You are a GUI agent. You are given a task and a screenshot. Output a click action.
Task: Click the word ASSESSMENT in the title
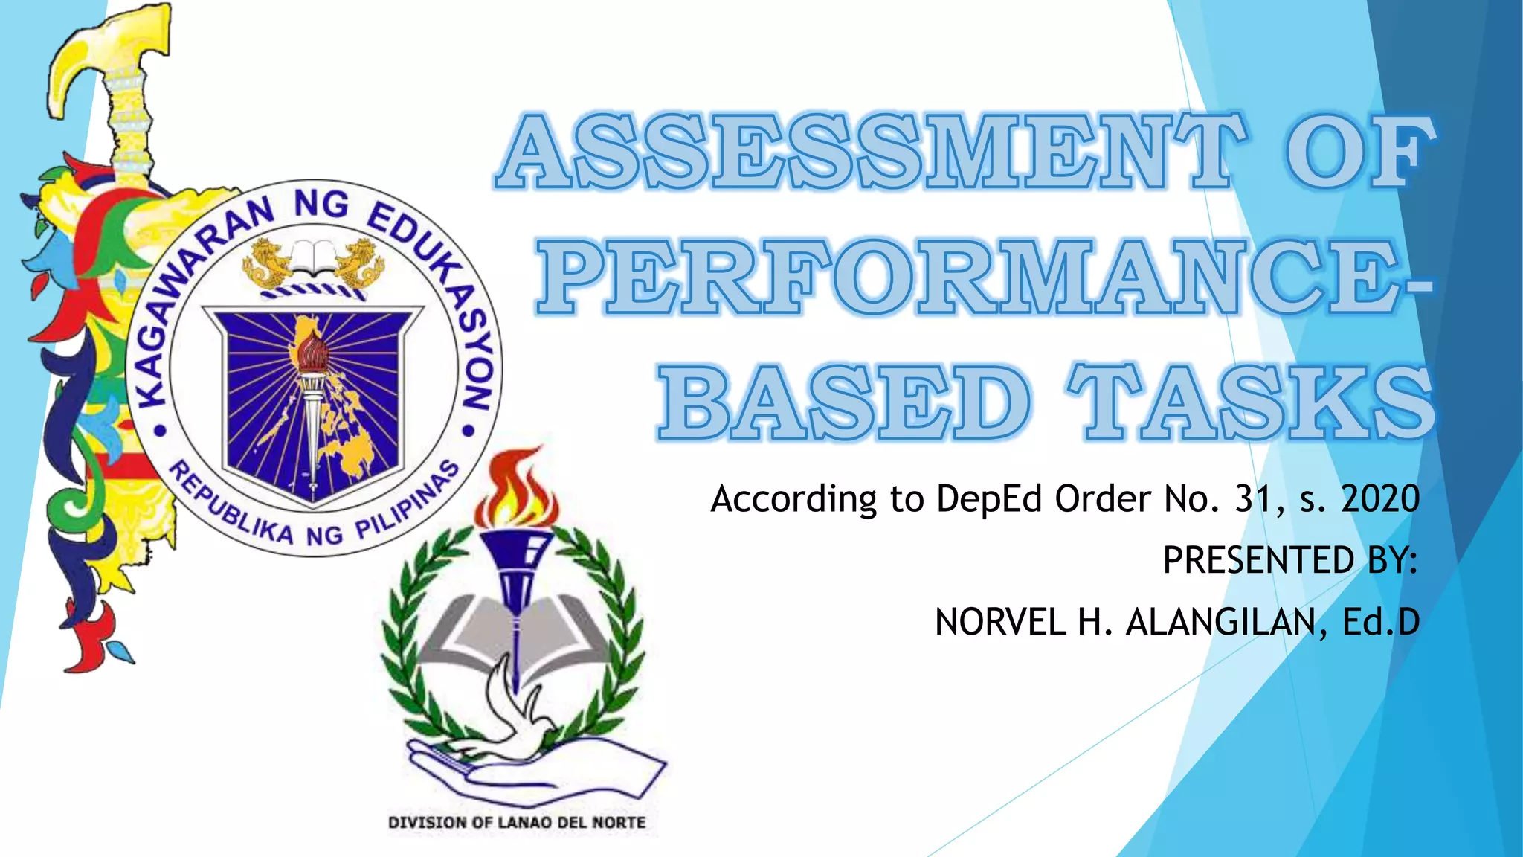(870, 153)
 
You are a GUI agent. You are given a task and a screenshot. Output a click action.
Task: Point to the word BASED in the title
(844, 402)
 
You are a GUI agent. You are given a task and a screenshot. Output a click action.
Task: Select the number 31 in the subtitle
(1258, 498)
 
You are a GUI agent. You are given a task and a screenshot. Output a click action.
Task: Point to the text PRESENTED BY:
(1290, 560)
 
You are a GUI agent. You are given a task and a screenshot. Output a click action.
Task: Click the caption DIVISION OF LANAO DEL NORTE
(517, 823)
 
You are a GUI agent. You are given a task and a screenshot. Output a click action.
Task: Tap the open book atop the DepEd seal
(313, 257)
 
